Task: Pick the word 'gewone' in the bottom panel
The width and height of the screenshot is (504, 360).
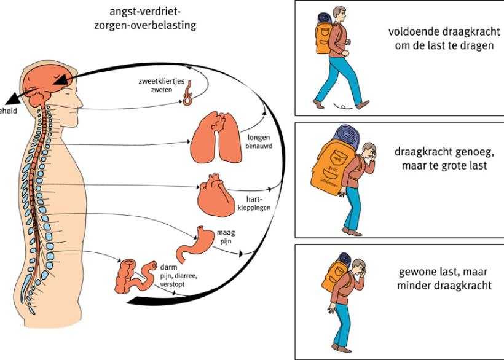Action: coord(420,272)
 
